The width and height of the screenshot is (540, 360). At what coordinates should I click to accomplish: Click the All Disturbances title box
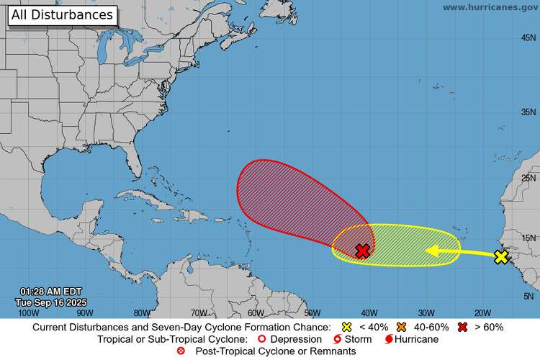click(63, 14)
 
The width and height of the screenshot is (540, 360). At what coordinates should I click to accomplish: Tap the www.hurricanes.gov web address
click(489, 7)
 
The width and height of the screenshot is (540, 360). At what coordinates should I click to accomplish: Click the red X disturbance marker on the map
click(363, 251)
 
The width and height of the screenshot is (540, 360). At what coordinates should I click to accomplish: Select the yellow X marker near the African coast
click(501, 257)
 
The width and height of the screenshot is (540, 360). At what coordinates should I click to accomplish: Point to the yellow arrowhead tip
click(427, 251)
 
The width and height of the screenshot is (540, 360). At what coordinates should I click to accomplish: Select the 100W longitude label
click(28, 312)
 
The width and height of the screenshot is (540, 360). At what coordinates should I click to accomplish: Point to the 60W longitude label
click(256, 312)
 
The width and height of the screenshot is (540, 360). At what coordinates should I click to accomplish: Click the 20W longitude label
click(482, 312)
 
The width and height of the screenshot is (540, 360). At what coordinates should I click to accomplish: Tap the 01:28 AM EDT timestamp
click(50, 292)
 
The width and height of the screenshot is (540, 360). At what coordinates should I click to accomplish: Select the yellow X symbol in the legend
click(346, 327)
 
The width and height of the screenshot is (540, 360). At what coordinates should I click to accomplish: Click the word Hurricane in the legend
click(415, 339)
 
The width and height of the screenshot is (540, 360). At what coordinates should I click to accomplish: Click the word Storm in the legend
click(358, 339)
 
